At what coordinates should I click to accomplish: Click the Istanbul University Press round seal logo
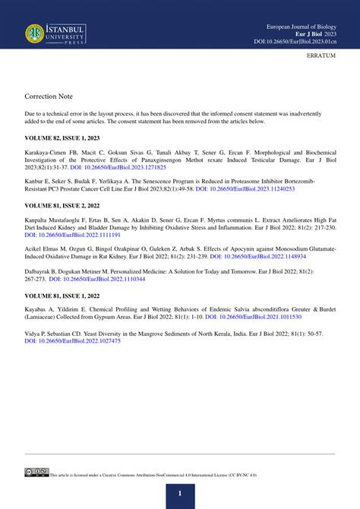coord(35,33)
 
